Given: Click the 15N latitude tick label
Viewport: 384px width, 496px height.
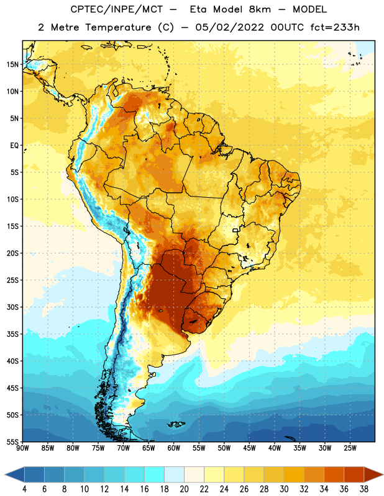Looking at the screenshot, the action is click(x=12, y=64).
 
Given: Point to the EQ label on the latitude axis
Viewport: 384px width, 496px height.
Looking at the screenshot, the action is click(x=14, y=146).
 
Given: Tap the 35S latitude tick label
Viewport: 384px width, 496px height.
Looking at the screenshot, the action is click(x=12, y=334).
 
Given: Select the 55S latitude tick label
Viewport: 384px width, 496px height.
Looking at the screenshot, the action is click(x=12, y=441).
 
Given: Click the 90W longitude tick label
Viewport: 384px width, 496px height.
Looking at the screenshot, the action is click(x=22, y=448).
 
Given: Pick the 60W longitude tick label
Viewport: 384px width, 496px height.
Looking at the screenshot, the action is click(x=174, y=448).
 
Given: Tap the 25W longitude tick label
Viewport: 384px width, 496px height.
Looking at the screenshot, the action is click(x=350, y=448).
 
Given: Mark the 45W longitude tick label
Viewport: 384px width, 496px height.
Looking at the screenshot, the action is click(x=249, y=448).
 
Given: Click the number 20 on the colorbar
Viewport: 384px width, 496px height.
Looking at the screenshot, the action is click(x=184, y=489).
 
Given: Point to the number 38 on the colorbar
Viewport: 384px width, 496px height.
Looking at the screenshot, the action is click(x=363, y=489).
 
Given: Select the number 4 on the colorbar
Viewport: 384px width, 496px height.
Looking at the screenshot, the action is click(x=24, y=489).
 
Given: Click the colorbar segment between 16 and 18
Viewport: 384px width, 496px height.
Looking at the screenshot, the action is click(x=155, y=474).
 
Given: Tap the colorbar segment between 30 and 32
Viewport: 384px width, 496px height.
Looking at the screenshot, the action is click(x=294, y=474).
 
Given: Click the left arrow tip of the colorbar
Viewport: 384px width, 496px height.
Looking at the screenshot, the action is click(x=5, y=474).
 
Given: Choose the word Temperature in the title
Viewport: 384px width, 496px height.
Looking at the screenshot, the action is click(x=118, y=27).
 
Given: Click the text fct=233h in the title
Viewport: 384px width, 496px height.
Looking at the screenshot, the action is click(x=335, y=27).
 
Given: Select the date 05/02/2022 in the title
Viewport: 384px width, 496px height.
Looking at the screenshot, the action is click(x=229, y=27).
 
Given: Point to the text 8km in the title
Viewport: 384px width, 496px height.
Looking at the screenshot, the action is click(x=260, y=9).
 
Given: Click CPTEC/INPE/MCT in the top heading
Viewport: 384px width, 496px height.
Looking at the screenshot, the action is click(x=117, y=9).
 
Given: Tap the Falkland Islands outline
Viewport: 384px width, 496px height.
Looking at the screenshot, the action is click(x=176, y=424).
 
